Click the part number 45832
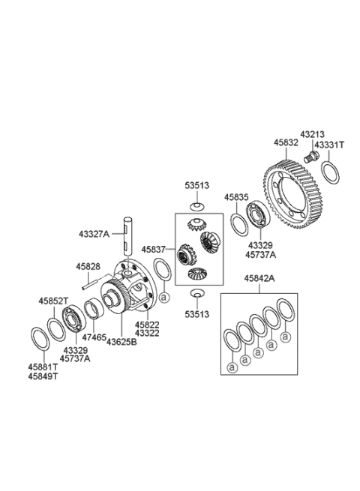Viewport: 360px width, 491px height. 286,141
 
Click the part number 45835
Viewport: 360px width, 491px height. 236,197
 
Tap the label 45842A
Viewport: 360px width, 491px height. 258,278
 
